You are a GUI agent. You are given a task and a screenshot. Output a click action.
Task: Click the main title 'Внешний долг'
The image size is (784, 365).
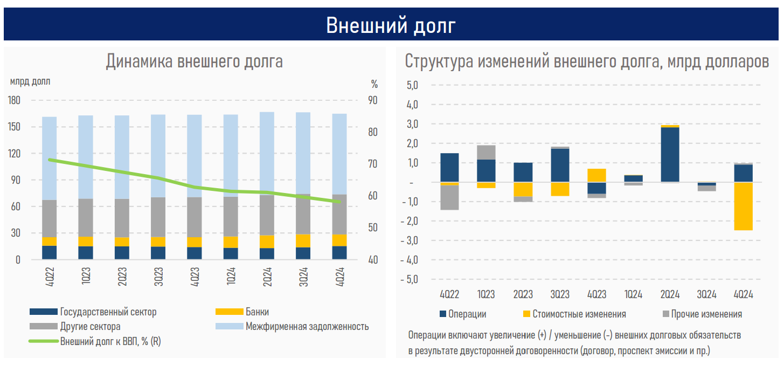(391, 24)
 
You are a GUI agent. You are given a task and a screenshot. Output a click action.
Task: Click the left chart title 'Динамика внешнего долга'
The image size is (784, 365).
(194, 61)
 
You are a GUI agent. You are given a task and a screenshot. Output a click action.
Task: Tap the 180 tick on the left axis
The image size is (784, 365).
(15, 100)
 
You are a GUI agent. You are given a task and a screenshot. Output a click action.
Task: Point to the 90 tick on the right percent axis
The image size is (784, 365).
(373, 100)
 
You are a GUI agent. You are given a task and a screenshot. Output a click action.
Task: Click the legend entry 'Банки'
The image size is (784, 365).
(257, 312)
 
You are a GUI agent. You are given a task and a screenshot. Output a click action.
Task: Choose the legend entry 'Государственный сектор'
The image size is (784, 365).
(108, 312)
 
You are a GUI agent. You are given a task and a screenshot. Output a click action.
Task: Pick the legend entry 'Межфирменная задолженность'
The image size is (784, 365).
(307, 327)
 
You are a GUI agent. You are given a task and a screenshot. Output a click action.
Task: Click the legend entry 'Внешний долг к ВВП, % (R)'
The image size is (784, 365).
(110, 341)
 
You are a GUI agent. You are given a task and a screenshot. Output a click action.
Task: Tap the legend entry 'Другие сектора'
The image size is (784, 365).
(90, 327)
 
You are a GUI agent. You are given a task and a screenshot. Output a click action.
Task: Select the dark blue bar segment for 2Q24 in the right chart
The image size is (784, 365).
(670, 155)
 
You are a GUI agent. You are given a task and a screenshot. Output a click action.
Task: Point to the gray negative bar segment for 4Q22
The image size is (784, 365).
(449, 197)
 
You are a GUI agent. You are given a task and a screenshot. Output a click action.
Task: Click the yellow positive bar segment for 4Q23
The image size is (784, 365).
(596, 175)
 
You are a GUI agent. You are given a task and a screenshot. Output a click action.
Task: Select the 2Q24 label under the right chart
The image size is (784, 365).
(670, 295)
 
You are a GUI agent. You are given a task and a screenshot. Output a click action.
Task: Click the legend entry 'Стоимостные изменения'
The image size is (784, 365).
(579, 314)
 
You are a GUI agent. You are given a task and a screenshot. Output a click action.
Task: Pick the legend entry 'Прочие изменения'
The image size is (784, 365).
(706, 314)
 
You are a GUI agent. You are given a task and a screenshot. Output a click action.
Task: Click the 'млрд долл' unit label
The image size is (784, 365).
(30, 82)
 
